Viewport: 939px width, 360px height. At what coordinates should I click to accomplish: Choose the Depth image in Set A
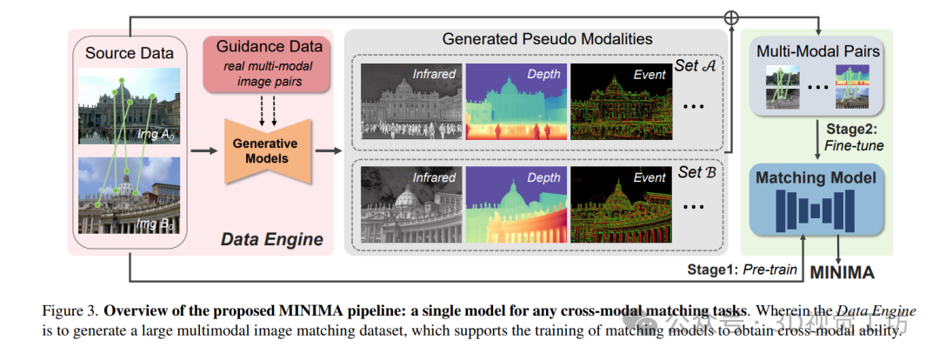click(515, 101)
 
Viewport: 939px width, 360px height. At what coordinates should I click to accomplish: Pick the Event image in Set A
click(620, 101)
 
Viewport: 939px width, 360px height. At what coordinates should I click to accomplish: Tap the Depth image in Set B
click(515, 206)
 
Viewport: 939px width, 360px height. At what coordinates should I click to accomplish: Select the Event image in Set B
click(620, 206)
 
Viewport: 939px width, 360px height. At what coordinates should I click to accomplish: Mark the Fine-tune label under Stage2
click(856, 146)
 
